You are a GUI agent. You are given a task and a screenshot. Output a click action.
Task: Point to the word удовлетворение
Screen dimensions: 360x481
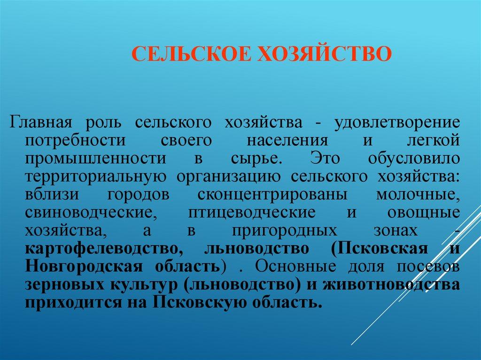[397, 123]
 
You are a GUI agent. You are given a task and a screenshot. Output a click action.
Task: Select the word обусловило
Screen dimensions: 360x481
[413, 159]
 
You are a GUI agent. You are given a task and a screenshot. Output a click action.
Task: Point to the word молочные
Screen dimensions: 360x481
[417, 194]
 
